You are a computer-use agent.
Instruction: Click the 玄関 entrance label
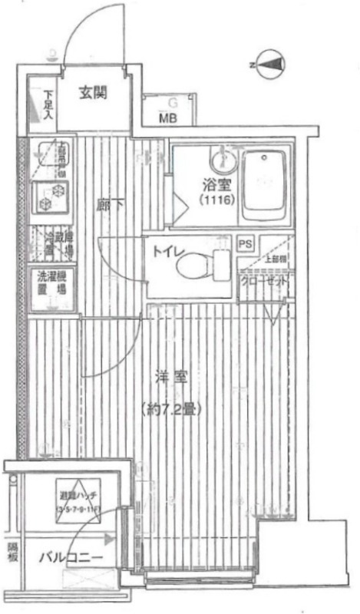tap(93, 94)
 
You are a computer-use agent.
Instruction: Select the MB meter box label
tap(168, 117)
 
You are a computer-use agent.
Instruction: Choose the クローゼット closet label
tap(265, 282)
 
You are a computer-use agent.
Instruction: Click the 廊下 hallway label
tap(107, 205)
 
